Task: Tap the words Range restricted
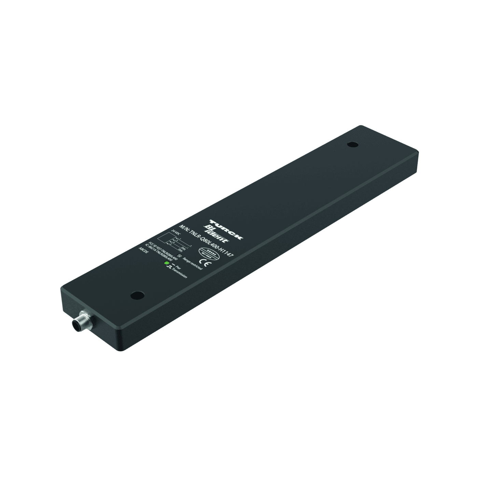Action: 193,263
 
